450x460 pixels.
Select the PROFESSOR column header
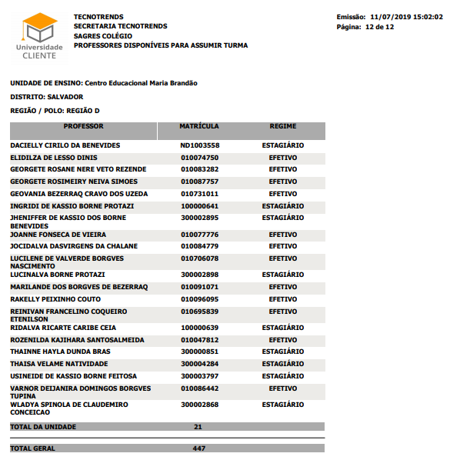pos(83,126)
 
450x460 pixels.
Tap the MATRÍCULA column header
pos(199,126)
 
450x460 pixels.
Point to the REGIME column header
pos(283,126)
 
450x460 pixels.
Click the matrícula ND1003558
pos(200,145)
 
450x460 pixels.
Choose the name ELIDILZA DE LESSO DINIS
pos(54,158)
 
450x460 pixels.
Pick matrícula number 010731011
pos(200,194)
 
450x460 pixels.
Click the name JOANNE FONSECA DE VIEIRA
pos(58,234)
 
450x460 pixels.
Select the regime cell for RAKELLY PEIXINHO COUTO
pos(283,299)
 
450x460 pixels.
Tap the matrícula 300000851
pos(200,352)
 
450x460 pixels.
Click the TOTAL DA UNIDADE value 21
pos(198,426)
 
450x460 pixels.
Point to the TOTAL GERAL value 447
pos(198,448)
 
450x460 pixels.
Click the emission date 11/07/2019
pos(393,17)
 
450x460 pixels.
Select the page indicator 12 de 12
pos(379,27)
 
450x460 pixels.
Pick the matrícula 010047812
pos(200,339)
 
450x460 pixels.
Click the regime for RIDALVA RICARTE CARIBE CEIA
pos(283,327)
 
